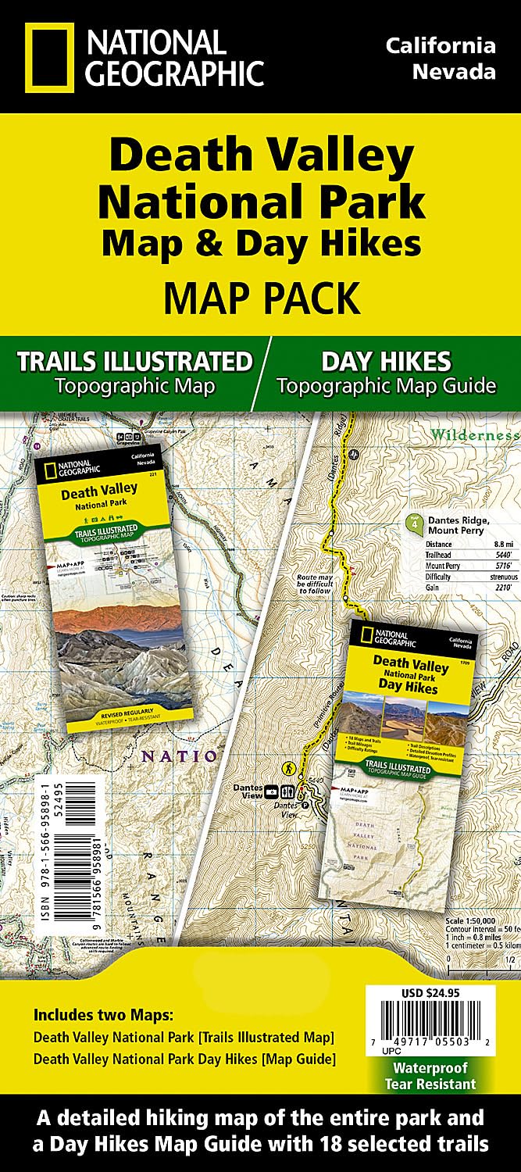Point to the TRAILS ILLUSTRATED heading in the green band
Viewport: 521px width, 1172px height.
point(135,361)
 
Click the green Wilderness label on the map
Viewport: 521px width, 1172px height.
point(474,434)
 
